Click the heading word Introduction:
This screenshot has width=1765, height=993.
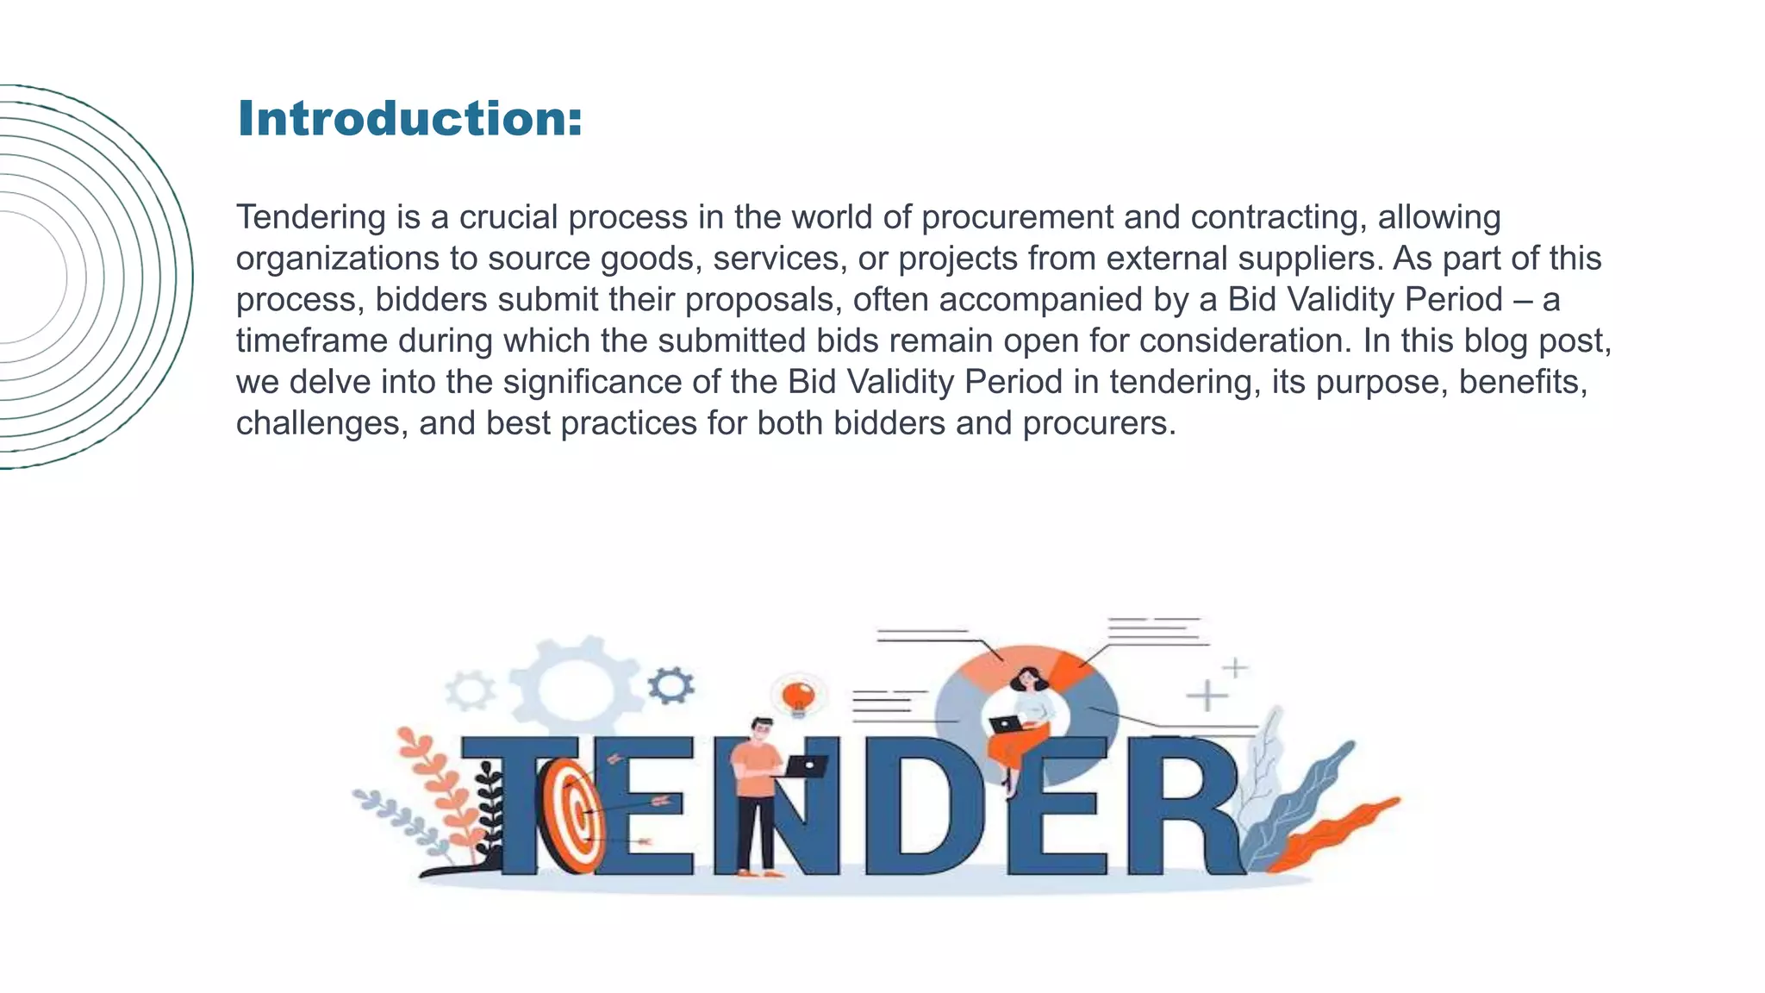pyautogui.click(x=409, y=118)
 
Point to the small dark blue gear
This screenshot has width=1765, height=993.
pyautogui.click(x=670, y=685)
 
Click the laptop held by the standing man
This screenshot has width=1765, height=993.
pyautogui.click(x=806, y=765)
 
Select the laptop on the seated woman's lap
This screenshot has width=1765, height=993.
pyautogui.click(x=1004, y=724)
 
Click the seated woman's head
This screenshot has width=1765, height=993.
pyautogui.click(x=1028, y=679)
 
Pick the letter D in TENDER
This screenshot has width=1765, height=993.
pyautogui.click(x=918, y=806)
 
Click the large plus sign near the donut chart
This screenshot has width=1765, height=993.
pyautogui.click(x=1207, y=696)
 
